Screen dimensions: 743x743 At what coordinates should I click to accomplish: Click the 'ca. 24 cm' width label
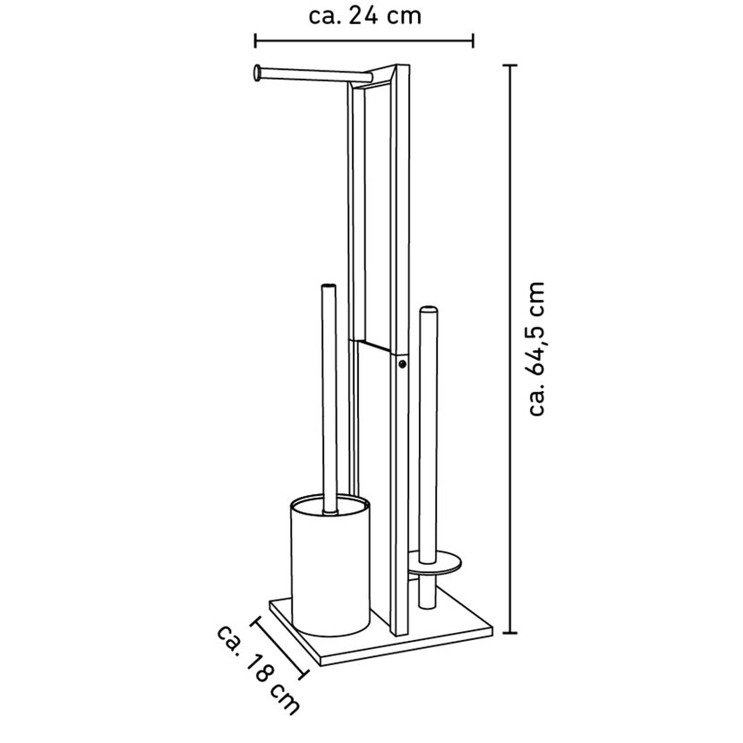pos(365,16)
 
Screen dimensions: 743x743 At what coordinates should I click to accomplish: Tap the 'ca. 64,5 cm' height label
pos(537,349)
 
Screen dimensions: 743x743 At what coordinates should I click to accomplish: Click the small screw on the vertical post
pos(402,364)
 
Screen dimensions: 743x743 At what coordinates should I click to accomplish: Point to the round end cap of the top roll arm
pos(257,74)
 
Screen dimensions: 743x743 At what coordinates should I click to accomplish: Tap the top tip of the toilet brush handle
pos(329,286)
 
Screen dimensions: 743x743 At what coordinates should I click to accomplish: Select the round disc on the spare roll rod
pos(434,562)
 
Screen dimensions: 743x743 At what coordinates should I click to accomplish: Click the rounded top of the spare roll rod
pos(428,310)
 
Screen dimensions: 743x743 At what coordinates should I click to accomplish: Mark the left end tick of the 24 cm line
pos(255,41)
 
